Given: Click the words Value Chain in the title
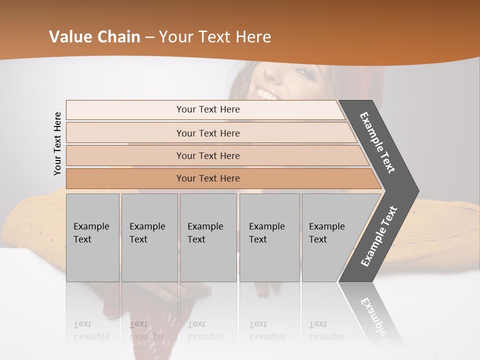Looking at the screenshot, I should click(x=94, y=37).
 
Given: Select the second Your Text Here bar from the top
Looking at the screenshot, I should click(x=207, y=133).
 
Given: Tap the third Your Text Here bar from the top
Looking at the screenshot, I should click(x=207, y=155).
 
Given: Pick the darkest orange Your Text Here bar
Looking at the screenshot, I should click(x=207, y=178).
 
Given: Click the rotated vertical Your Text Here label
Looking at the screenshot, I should click(x=57, y=143).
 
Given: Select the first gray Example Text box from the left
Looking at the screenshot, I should click(x=92, y=237).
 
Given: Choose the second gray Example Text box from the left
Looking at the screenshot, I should click(x=149, y=237).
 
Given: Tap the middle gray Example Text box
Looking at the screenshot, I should click(x=208, y=237).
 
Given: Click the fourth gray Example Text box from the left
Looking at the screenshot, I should click(x=269, y=237).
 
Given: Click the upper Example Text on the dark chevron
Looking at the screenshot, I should click(x=378, y=142).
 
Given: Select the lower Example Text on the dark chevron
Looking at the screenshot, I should click(x=379, y=236).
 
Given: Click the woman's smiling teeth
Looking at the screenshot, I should click(x=266, y=93).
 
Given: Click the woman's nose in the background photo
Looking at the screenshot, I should click(x=272, y=75).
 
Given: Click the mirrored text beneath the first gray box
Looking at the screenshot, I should click(x=91, y=330).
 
